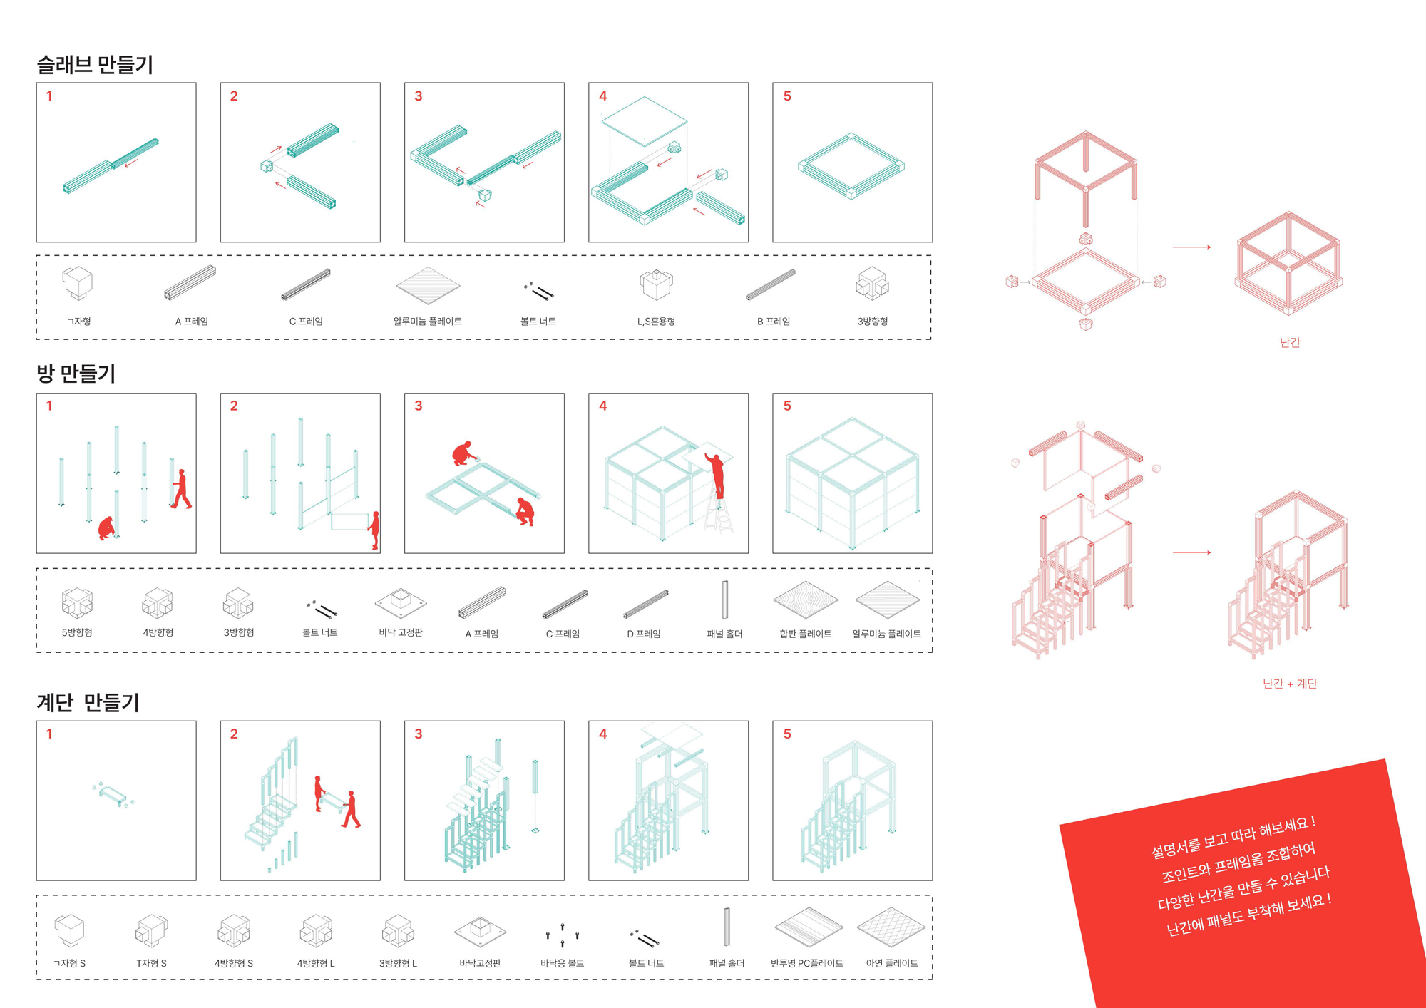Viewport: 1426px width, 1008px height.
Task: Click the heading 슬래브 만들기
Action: [95, 65]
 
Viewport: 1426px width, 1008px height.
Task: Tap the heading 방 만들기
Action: [76, 374]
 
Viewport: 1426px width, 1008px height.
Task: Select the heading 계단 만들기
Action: [88, 703]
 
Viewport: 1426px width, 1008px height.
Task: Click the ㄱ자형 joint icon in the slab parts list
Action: [77, 283]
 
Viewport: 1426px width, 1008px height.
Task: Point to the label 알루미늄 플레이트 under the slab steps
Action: [427, 322]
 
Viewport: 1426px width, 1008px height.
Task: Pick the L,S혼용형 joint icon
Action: [656, 284]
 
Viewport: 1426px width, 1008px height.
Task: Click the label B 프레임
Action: [774, 322]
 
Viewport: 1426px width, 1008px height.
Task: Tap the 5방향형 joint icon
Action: [77, 602]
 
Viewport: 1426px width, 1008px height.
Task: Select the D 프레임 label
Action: [644, 634]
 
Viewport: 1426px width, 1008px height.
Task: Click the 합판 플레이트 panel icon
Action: [806, 600]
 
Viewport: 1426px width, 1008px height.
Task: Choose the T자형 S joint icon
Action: [151, 931]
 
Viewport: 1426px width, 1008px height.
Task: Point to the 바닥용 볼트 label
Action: [562, 963]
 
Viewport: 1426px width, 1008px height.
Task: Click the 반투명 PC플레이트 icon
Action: [809, 927]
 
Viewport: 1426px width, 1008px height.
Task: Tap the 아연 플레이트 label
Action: [892, 963]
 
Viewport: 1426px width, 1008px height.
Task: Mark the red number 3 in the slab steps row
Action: [419, 96]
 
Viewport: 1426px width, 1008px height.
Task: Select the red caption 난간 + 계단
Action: [1290, 684]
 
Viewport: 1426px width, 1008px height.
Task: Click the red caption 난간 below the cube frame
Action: [1290, 343]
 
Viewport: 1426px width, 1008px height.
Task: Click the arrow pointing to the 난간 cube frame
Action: [1191, 247]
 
